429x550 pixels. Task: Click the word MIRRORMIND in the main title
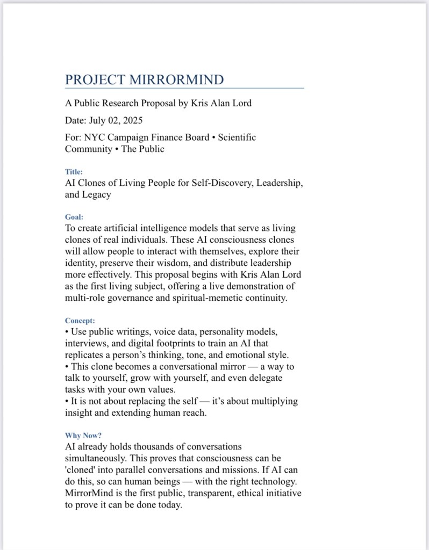[x=176, y=80]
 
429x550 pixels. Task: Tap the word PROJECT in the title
[x=95, y=80]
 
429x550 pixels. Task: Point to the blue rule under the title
[x=184, y=88]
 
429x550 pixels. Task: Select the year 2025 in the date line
[x=132, y=120]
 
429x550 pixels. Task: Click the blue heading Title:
[x=74, y=172]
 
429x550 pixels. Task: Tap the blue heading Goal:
[x=74, y=217]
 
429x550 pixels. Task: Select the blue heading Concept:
[x=80, y=321]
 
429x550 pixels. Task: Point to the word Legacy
[x=97, y=194]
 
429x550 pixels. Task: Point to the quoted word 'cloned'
[x=80, y=470]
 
